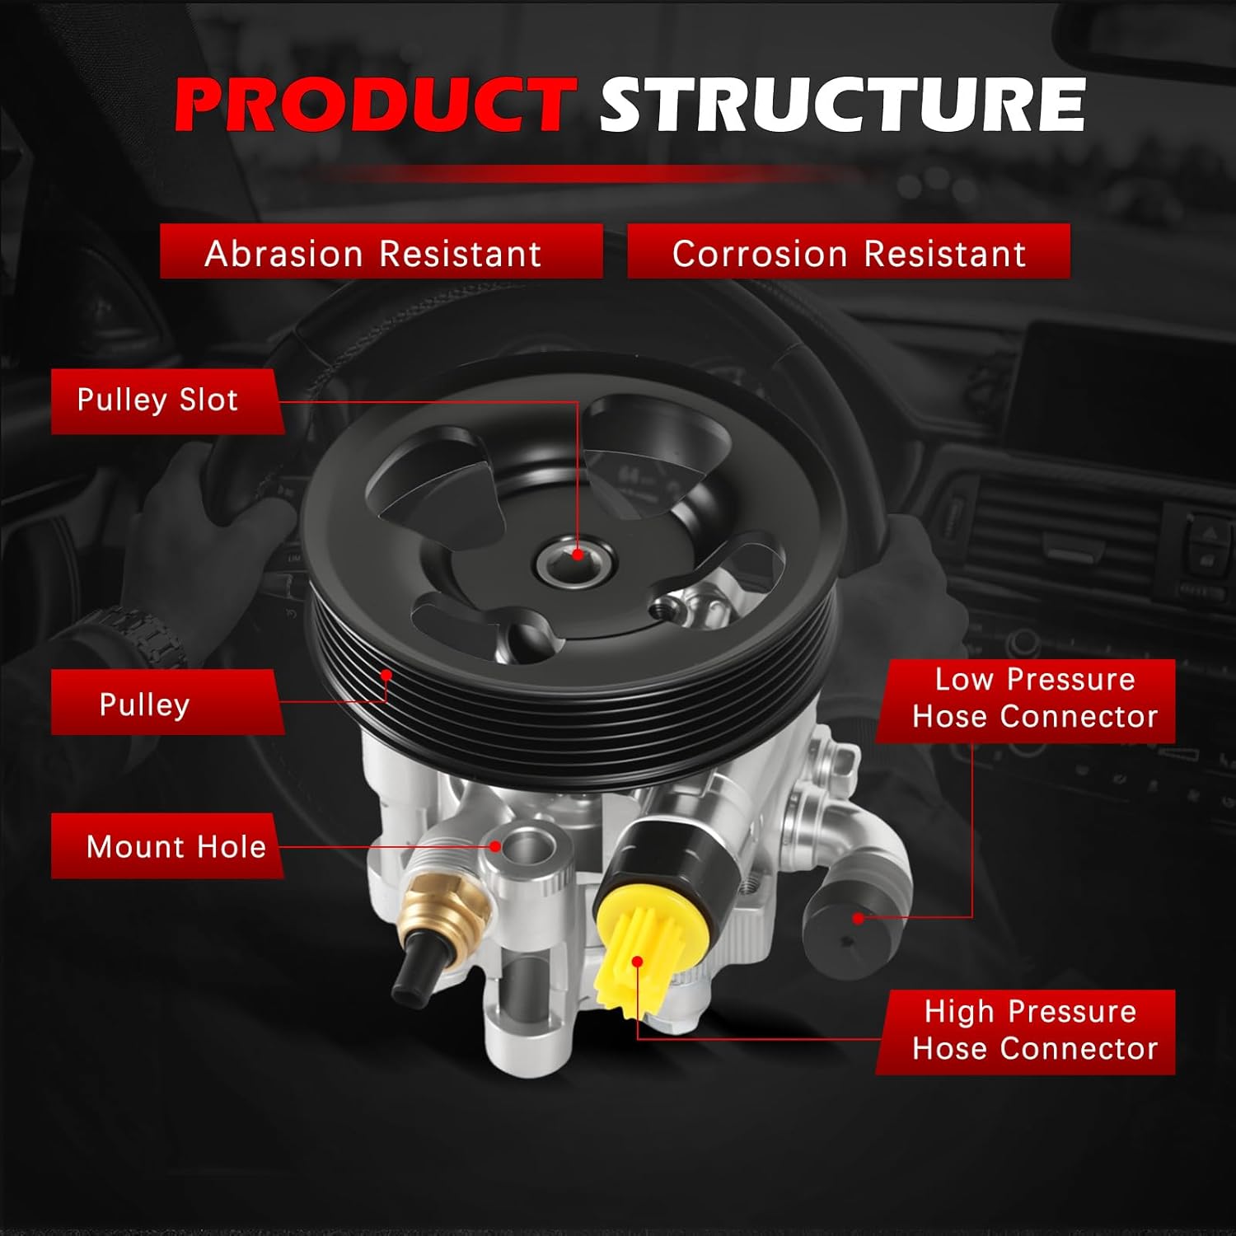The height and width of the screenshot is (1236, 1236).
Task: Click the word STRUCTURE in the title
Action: [x=841, y=105]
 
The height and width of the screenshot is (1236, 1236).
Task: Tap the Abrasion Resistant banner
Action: [x=373, y=253]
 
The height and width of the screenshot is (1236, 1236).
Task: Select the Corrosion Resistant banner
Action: [x=849, y=253]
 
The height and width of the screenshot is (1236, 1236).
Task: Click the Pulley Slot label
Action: [x=158, y=400]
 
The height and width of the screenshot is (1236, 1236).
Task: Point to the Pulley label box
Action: [x=146, y=705]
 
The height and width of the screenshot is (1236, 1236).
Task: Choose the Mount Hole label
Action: [x=176, y=847]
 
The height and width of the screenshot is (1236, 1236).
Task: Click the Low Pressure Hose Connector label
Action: [x=1034, y=699]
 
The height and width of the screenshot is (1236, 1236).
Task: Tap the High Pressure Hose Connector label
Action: [x=1034, y=1030]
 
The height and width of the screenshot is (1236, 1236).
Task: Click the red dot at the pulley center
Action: [x=578, y=555]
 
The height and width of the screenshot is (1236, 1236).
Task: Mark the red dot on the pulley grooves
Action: [x=386, y=675]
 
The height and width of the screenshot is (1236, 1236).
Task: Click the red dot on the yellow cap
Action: [x=637, y=961]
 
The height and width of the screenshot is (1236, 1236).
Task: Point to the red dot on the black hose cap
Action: [x=858, y=918]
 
